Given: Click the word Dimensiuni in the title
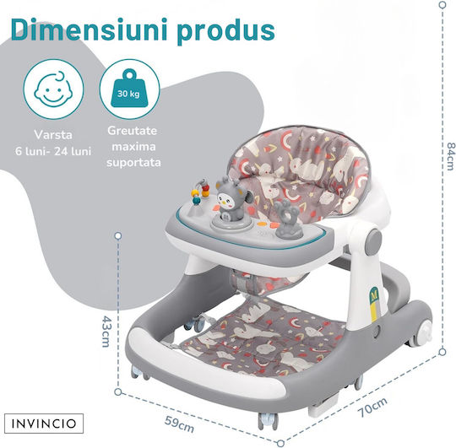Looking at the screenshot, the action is [90, 29].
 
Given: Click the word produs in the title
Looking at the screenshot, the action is [225, 31].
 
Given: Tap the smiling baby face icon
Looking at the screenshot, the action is [53, 89].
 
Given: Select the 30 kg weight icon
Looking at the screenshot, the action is [129, 89].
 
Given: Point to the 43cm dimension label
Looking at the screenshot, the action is [106, 332].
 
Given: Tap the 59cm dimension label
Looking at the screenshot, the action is [179, 424].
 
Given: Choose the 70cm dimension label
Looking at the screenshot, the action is [372, 407].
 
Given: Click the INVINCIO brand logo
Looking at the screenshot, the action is [44, 424].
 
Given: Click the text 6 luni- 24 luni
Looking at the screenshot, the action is [53, 151].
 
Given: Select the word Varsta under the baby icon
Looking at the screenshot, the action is [53, 135].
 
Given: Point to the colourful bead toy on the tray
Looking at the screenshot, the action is [200, 193].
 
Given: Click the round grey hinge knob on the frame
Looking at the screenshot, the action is [373, 242].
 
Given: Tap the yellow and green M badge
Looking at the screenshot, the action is [374, 305].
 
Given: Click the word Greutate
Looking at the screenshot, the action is [132, 131].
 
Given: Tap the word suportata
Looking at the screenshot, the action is [133, 162].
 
